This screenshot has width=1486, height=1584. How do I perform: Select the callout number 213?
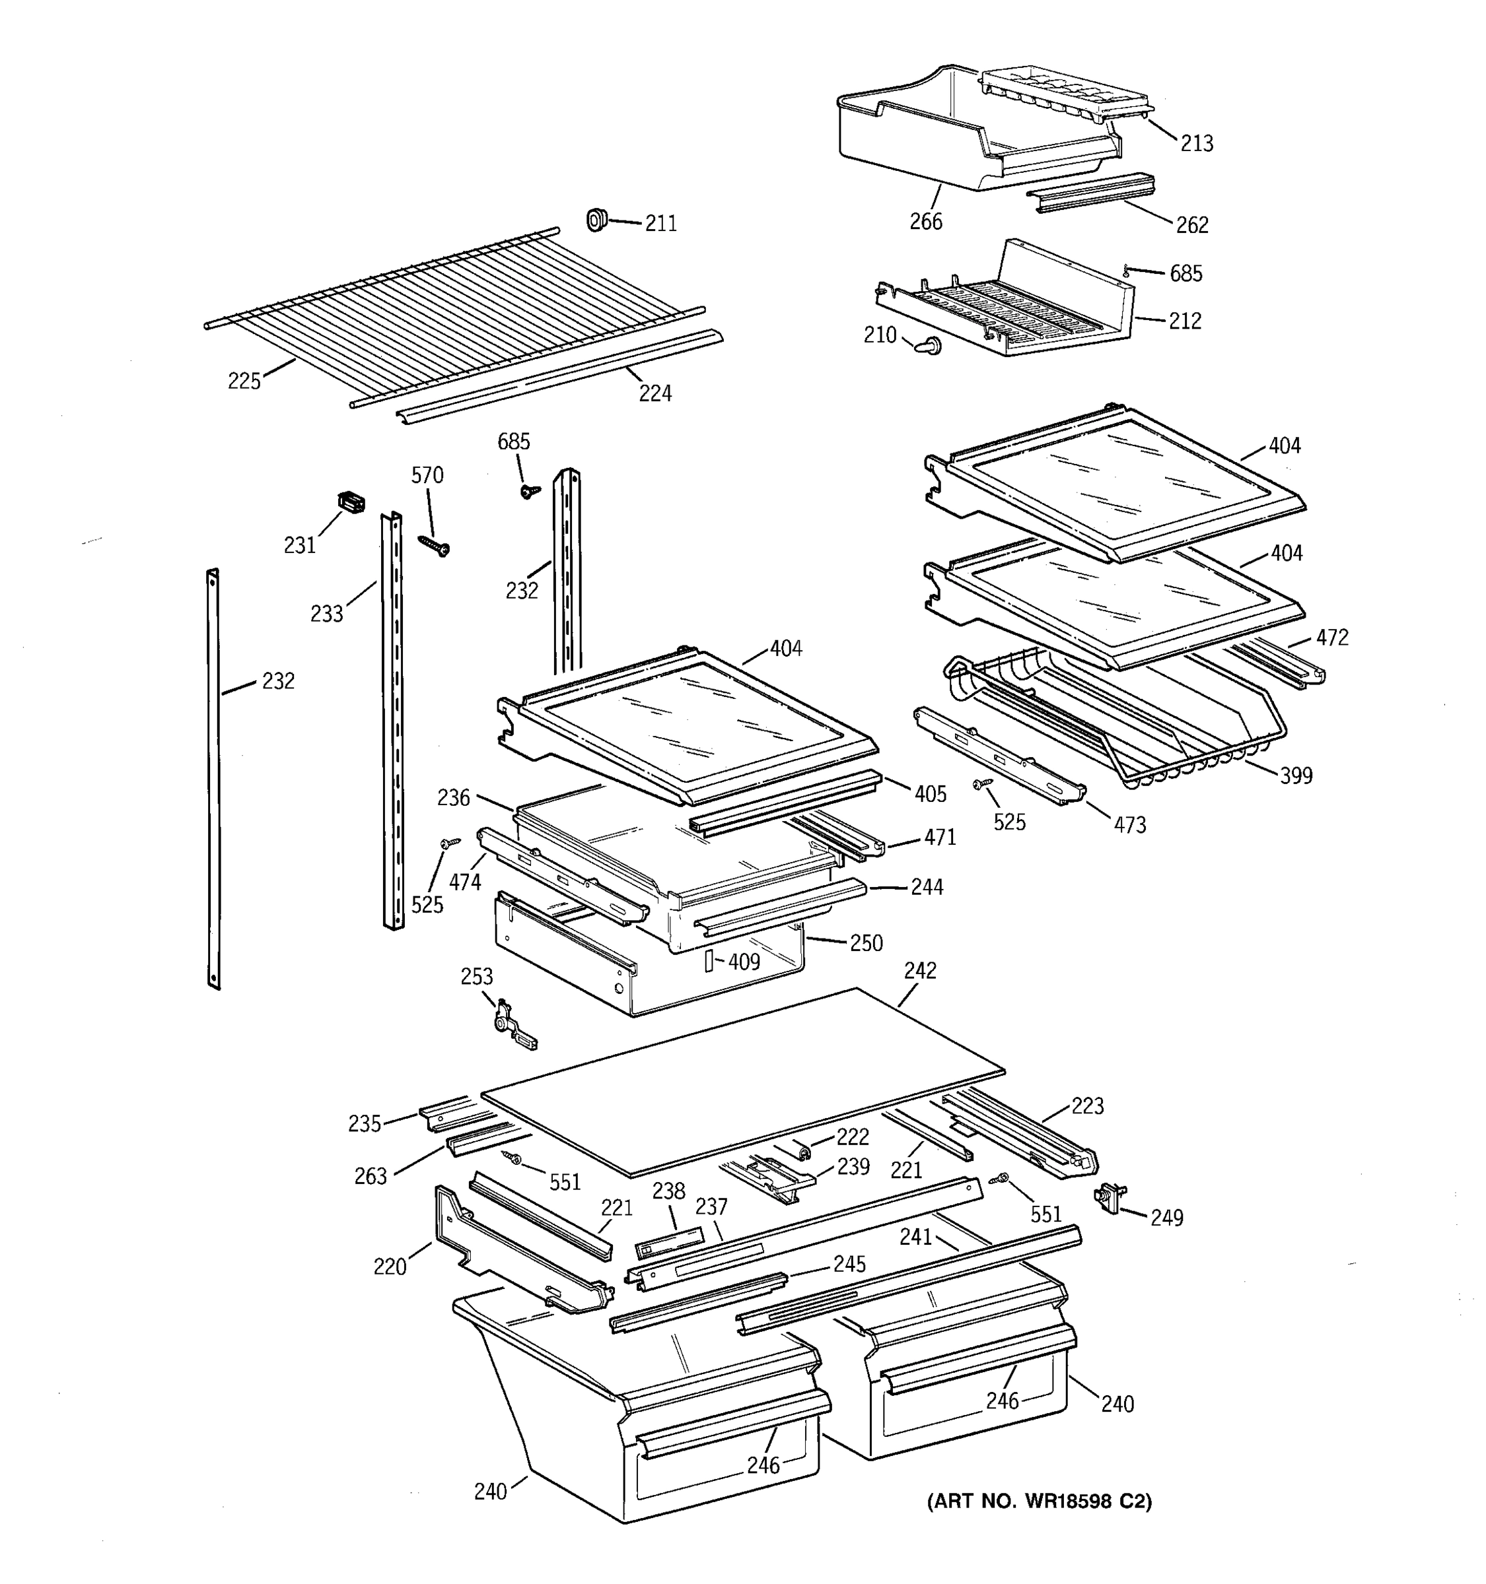[1196, 143]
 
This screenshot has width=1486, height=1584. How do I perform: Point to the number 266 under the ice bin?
[925, 222]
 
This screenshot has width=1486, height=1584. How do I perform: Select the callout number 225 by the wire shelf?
[244, 381]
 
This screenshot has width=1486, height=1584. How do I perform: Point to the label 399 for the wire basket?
[1296, 775]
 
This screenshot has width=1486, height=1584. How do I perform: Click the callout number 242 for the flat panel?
[920, 970]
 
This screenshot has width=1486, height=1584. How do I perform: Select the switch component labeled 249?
[1109, 1197]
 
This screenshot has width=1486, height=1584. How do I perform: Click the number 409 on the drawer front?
[743, 962]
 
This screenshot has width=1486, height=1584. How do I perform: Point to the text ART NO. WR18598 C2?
[1039, 1501]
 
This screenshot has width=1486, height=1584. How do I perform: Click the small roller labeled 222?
[804, 1150]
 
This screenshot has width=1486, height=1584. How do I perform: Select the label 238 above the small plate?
[668, 1191]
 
